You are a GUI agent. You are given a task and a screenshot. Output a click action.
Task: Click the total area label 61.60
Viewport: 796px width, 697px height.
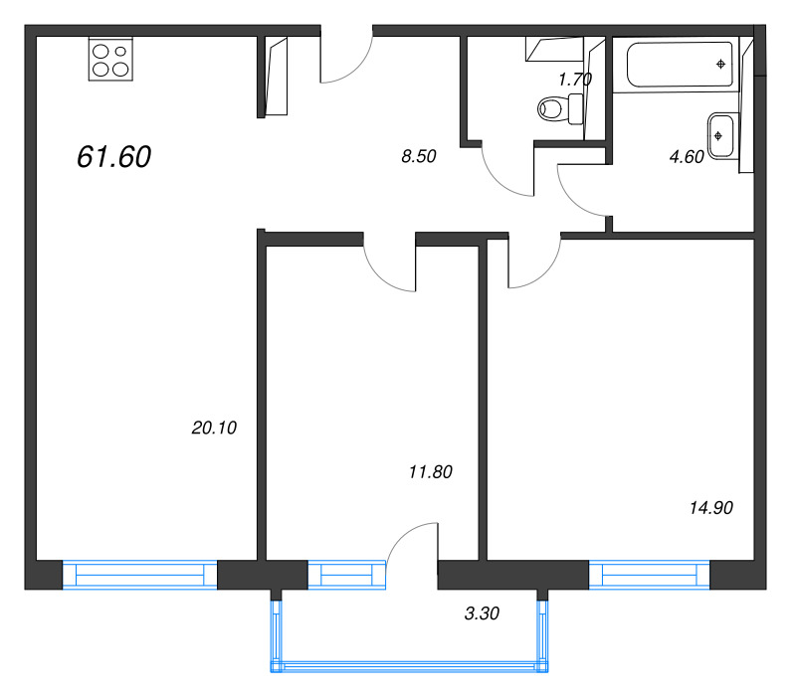[x=113, y=156]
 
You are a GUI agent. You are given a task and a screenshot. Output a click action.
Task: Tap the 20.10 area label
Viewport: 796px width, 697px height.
[x=214, y=428]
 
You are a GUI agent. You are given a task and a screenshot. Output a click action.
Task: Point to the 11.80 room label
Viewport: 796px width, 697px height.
[x=431, y=472]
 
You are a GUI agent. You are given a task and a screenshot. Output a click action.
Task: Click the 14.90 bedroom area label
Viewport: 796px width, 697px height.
[x=710, y=507]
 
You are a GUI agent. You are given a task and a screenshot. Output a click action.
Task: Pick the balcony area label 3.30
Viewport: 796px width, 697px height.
[x=482, y=613]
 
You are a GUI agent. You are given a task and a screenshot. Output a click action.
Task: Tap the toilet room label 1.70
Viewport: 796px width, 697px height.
[x=575, y=80]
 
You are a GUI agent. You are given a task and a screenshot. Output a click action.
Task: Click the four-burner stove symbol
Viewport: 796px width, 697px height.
[x=109, y=59]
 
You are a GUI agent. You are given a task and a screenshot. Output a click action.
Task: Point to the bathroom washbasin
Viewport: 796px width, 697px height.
[x=720, y=135]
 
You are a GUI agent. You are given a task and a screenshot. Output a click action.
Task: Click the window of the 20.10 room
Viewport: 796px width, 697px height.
[x=139, y=576]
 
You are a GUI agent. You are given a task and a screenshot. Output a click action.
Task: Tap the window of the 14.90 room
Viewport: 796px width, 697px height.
[x=649, y=576]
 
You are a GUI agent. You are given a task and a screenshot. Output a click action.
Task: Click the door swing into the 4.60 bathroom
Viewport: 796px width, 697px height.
[x=583, y=189]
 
